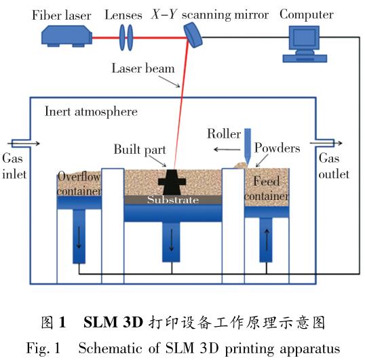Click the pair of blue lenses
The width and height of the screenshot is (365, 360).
point(126,37)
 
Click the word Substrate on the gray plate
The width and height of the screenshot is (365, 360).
point(173,200)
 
